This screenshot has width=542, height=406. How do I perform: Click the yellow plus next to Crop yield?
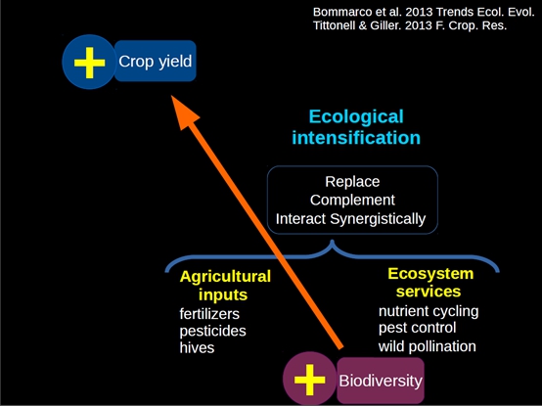coord(90,63)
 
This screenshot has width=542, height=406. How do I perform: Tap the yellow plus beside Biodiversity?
coord(309,380)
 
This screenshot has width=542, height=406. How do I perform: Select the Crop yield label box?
coord(156,61)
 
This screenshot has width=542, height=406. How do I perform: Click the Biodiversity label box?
coord(381,381)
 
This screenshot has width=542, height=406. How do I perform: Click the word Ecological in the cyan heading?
coord(356,116)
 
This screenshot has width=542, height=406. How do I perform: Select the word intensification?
coord(356,138)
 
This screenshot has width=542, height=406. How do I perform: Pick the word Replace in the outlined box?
coord(352,182)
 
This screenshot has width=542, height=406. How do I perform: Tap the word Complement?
coord(352,200)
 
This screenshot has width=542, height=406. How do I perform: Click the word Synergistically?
coord(378,219)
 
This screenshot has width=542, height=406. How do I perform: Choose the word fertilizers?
coord(209,314)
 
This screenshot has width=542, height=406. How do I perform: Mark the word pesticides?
coord(213,331)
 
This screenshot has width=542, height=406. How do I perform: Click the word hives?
coord(197,347)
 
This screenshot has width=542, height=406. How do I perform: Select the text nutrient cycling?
coord(429,311)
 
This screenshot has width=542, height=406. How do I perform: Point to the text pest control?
coord(417,328)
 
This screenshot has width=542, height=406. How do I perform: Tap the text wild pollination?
coord(428,346)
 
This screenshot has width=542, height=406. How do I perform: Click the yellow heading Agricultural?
coord(225,277)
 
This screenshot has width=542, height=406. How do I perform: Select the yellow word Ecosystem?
coord(430,274)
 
